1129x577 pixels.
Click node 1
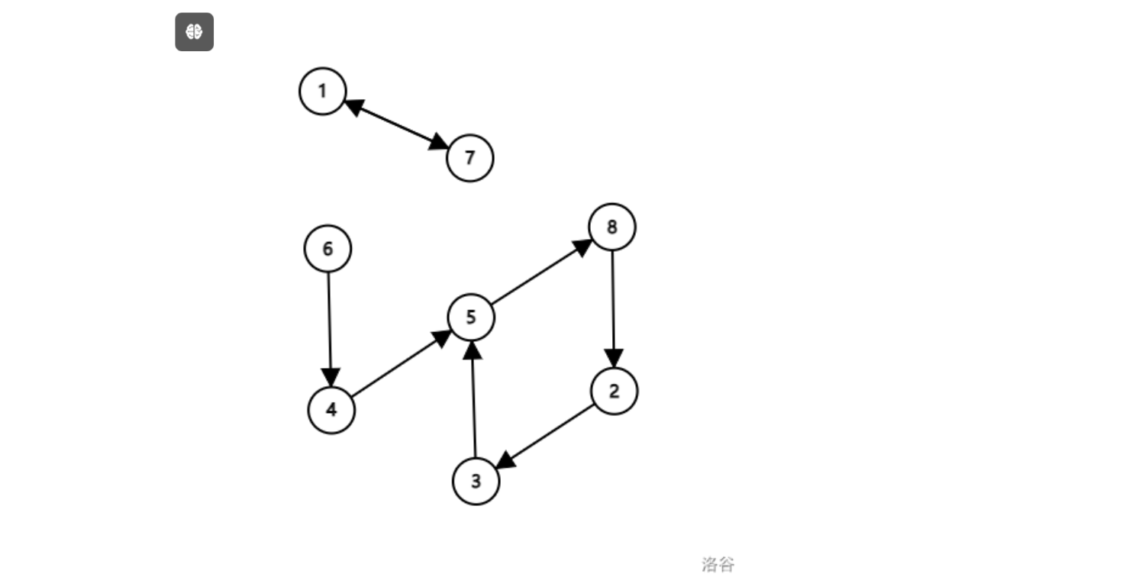[x=322, y=92]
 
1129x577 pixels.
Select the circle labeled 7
[x=469, y=158]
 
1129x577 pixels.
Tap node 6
[x=327, y=249]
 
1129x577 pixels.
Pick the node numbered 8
[x=611, y=227]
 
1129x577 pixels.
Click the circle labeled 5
[x=471, y=317]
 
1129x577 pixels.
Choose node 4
[x=331, y=410]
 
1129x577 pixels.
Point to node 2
[x=614, y=392]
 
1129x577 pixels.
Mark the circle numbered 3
[x=476, y=482]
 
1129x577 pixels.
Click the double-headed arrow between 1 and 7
[x=397, y=125]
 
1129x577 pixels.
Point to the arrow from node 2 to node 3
[x=546, y=437]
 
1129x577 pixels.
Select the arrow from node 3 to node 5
[x=473, y=401]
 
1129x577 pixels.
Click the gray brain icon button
[x=194, y=32]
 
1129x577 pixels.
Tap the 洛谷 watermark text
[x=717, y=564]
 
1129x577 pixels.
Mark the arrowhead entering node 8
[x=585, y=246]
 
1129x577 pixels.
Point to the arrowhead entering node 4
[x=330, y=378]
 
